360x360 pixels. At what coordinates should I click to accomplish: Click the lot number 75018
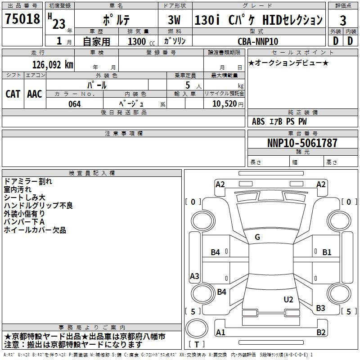click(x=22, y=19)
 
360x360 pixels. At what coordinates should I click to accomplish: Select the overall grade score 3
click(x=343, y=21)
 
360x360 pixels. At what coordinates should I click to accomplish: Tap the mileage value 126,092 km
click(x=53, y=65)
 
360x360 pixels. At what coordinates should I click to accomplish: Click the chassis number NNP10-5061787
click(x=302, y=144)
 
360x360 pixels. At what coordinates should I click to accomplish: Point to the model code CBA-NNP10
click(x=258, y=41)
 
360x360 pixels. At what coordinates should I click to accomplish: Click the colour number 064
click(x=74, y=104)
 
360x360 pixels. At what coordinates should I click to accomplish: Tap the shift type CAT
click(x=13, y=94)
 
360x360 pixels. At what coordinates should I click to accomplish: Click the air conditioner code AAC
click(x=35, y=94)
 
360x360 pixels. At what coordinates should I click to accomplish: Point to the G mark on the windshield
click(x=257, y=237)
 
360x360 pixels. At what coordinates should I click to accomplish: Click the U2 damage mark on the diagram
click(x=288, y=300)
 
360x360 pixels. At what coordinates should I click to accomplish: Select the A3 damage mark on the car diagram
click(x=194, y=276)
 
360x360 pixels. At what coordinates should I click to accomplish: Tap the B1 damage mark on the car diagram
click(x=327, y=252)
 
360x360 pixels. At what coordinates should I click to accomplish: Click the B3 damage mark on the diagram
click(x=320, y=308)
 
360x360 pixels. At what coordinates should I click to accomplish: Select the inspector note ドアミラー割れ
click(x=28, y=181)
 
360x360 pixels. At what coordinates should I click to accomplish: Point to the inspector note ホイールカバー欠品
click(x=35, y=230)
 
